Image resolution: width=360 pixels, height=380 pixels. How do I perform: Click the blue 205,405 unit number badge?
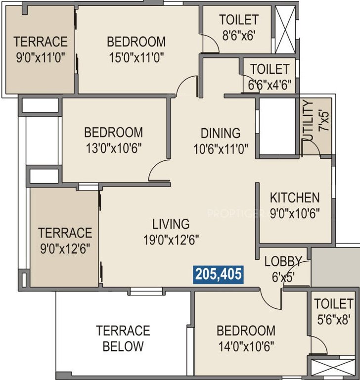(219, 274)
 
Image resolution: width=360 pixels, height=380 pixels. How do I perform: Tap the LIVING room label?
(171, 224)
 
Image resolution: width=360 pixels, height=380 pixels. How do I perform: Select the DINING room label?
(221, 133)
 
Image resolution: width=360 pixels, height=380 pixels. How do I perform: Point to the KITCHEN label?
(295, 198)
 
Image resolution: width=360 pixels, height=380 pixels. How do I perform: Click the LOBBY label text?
(283, 261)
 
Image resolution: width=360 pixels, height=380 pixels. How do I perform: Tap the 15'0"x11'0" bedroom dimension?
(136, 57)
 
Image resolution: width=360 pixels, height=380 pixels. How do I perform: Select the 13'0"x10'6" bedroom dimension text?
(113, 148)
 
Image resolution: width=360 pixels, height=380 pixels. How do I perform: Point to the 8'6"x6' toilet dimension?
(239, 36)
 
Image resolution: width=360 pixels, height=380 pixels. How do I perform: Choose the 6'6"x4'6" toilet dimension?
(269, 84)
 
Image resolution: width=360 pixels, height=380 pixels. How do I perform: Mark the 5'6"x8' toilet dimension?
(334, 320)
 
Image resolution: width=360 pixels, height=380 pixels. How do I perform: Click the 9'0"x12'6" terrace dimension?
(65, 247)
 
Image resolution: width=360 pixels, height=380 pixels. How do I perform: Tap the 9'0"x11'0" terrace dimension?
(40, 57)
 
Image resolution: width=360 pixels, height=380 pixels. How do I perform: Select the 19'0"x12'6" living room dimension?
(171, 239)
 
